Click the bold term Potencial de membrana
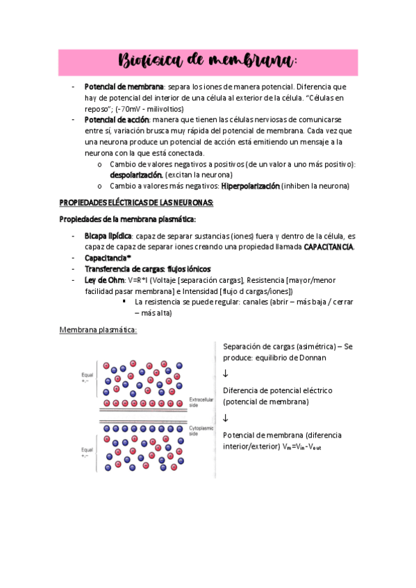124,87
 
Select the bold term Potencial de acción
117,120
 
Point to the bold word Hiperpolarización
250,186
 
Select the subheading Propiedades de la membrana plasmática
128,219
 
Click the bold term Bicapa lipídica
108,236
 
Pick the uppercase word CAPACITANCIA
328,247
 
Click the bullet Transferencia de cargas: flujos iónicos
147,268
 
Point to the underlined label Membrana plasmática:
98,329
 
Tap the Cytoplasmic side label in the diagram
200,430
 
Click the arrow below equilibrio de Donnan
226,374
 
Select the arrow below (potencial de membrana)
226,417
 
